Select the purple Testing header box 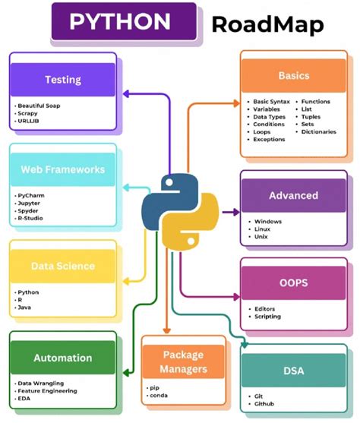[63, 79]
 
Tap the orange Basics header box [293, 76]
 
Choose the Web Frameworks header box [63, 169]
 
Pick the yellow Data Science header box [63, 266]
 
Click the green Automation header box [63, 358]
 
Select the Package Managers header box [185, 361]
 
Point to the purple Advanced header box [293, 195]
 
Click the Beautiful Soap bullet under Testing [41, 105]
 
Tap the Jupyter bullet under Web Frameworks [31, 203]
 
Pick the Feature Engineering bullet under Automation [49, 390]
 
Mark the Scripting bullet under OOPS [268, 317]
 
